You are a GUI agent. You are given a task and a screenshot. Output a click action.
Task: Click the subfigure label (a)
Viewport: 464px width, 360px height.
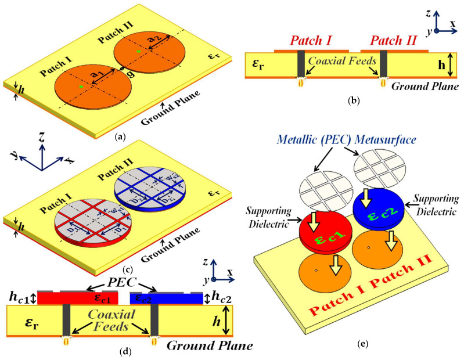(120, 137)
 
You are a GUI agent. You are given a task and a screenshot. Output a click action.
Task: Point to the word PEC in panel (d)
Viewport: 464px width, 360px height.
(119, 284)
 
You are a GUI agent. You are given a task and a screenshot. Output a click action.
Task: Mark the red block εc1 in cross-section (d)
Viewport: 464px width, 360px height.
(77, 298)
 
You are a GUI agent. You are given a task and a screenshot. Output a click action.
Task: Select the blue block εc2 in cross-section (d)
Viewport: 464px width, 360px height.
(168, 298)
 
